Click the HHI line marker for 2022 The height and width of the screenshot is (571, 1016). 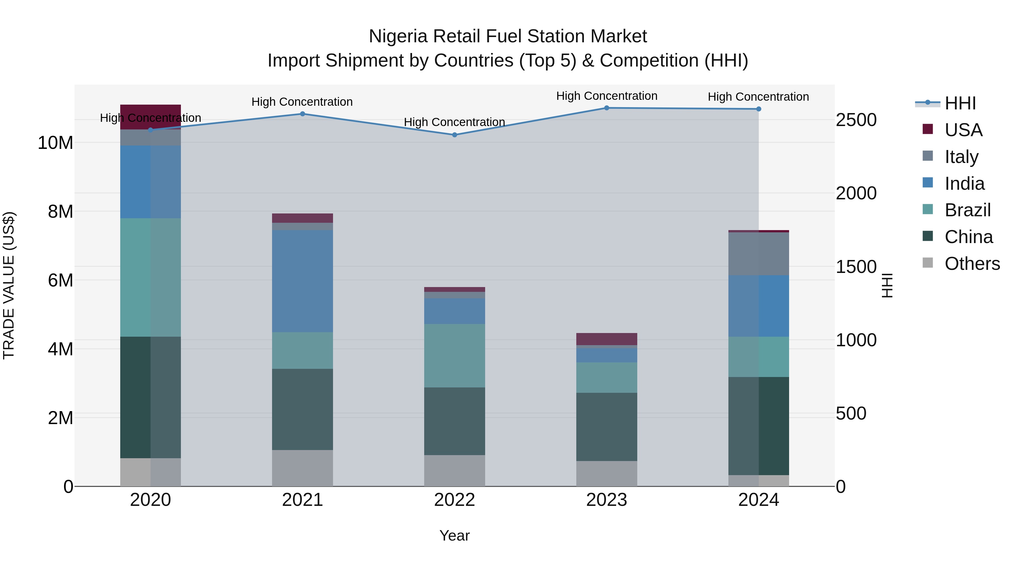click(x=454, y=135)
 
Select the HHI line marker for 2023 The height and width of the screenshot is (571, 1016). click(x=606, y=108)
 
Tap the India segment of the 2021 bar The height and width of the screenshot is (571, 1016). click(x=303, y=281)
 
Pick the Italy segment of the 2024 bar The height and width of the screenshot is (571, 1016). click(x=758, y=254)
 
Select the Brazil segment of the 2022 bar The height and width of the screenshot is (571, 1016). click(x=454, y=356)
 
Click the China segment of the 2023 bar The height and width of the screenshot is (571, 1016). click(x=606, y=427)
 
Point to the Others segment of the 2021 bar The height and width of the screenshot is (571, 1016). click(x=303, y=468)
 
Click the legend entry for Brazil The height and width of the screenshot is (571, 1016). click(x=967, y=210)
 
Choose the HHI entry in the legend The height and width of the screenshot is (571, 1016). click(x=960, y=103)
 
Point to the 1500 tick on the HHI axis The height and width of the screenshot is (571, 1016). click(x=856, y=267)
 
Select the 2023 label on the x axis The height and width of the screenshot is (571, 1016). click(x=606, y=500)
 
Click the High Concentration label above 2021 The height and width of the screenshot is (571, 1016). click(x=302, y=102)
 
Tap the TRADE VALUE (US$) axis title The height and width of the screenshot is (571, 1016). click(x=9, y=285)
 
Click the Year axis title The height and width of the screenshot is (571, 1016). click(x=454, y=535)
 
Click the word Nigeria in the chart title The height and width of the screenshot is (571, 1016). click(x=398, y=36)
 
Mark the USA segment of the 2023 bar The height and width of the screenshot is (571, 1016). click(x=606, y=339)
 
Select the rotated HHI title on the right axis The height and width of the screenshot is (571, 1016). click(x=887, y=285)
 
